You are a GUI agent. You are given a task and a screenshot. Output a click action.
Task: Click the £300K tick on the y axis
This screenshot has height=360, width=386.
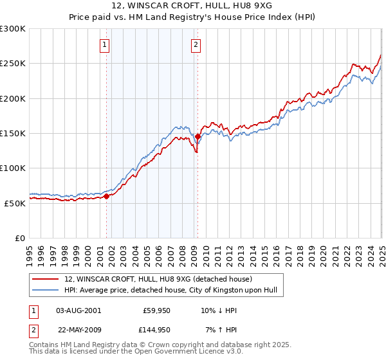pyautogui.click(x=13, y=29)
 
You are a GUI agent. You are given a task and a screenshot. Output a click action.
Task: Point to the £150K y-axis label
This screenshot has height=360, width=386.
pyautogui.click(x=13, y=134)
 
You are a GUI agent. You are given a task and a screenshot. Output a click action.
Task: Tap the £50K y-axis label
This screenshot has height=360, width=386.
pyautogui.click(x=15, y=203)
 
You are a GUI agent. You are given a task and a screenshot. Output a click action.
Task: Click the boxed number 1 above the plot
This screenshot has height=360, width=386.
pyautogui.click(x=104, y=45)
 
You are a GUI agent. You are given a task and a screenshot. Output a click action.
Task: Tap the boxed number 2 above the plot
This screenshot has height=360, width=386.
pyautogui.click(x=195, y=45)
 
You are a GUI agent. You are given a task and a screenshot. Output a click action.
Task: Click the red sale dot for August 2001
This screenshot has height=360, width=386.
pyautogui.click(x=107, y=197)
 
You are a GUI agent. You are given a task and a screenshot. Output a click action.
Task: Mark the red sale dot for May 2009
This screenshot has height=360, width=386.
pyautogui.click(x=198, y=136)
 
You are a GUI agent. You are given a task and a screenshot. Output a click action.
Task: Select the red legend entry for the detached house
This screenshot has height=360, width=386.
pyautogui.click(x=161, y=279)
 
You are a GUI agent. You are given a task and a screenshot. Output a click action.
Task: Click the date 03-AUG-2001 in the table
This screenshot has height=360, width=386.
pyautogui.click(x=78, y=310)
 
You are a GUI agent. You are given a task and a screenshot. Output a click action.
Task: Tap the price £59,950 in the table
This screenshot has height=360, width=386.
pyautogui.click(x=155, y=310)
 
